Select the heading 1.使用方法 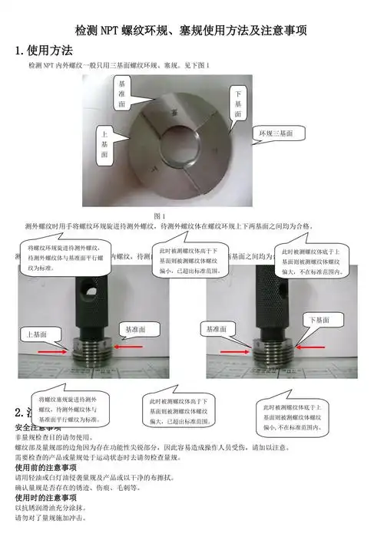click(45, 51)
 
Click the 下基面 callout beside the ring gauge click(237, 104)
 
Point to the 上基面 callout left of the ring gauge click(104, 143)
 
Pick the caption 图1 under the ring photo click(161, 216)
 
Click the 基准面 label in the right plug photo click(216, 328)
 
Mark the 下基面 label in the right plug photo click(323, 318)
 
